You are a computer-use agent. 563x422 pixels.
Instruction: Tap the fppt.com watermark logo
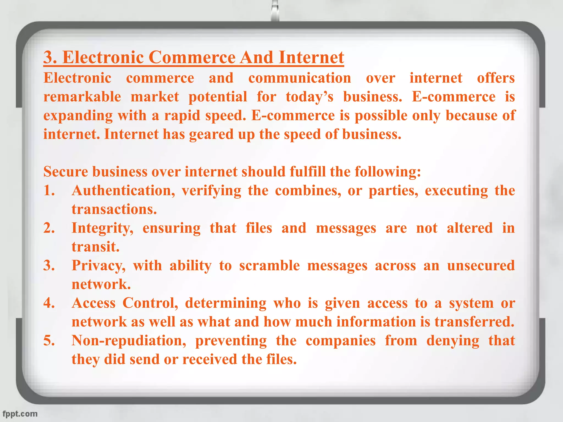[x=20, y=414]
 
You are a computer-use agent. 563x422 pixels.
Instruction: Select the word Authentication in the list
[x=123, y=191]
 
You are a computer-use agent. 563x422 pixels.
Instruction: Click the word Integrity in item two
[x=102, y=228]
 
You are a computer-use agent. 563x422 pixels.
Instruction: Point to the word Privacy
[x=98, y=266]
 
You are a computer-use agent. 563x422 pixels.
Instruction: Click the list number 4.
[x=49, y=303]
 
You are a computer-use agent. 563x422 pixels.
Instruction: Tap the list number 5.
[x=49, y=341]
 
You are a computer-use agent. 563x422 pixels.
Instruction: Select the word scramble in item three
[x=269, y=266]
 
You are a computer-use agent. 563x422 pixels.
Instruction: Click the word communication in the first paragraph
[x=300, y=78]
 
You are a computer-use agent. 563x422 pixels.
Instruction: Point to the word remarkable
[x=82, y=97]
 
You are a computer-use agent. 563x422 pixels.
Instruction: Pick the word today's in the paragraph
[x=309, y=97]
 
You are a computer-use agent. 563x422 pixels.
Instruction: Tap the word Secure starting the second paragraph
[x=66, y=172]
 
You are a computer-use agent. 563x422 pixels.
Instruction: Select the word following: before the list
[x=388, y=172]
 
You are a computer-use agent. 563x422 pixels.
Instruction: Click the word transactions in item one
[x=114, y=209]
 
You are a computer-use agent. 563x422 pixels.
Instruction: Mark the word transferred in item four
[x=474, y=322]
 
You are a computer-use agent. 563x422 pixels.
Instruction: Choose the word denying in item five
[x=452, y=341]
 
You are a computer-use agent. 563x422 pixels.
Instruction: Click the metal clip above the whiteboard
[x=275, y=11]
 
